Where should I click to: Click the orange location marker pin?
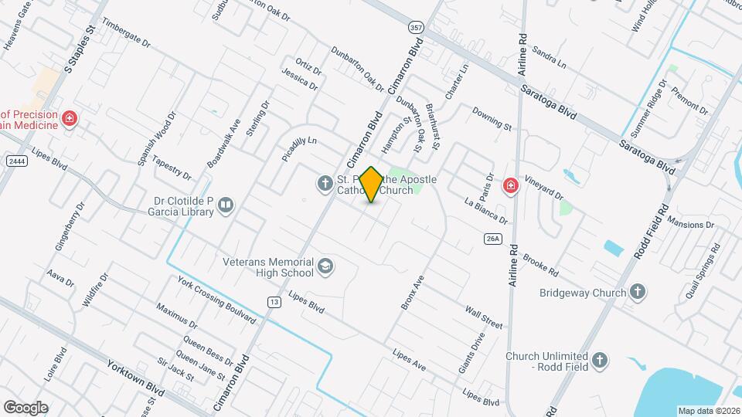[371, 184]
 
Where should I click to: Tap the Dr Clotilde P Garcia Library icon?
[226, 205]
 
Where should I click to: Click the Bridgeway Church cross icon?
[637, 291]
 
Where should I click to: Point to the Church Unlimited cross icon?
[600, 360]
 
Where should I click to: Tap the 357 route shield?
[416, 27]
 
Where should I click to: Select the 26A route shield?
[494, 239]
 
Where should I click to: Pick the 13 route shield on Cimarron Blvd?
[274, 301]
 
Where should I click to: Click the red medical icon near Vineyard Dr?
[510, 185]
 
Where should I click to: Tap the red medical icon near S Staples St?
[70, 119]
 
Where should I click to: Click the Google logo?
[26, 407]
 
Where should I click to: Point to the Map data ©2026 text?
[708, 410]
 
